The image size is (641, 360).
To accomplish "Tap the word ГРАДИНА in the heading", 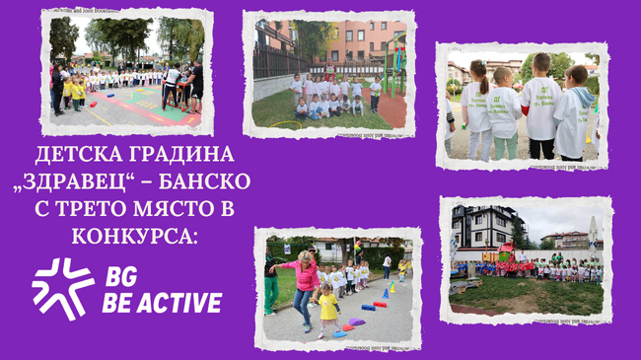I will (x=184, y=155).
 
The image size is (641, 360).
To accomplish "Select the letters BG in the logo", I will (x=121, y=276).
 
